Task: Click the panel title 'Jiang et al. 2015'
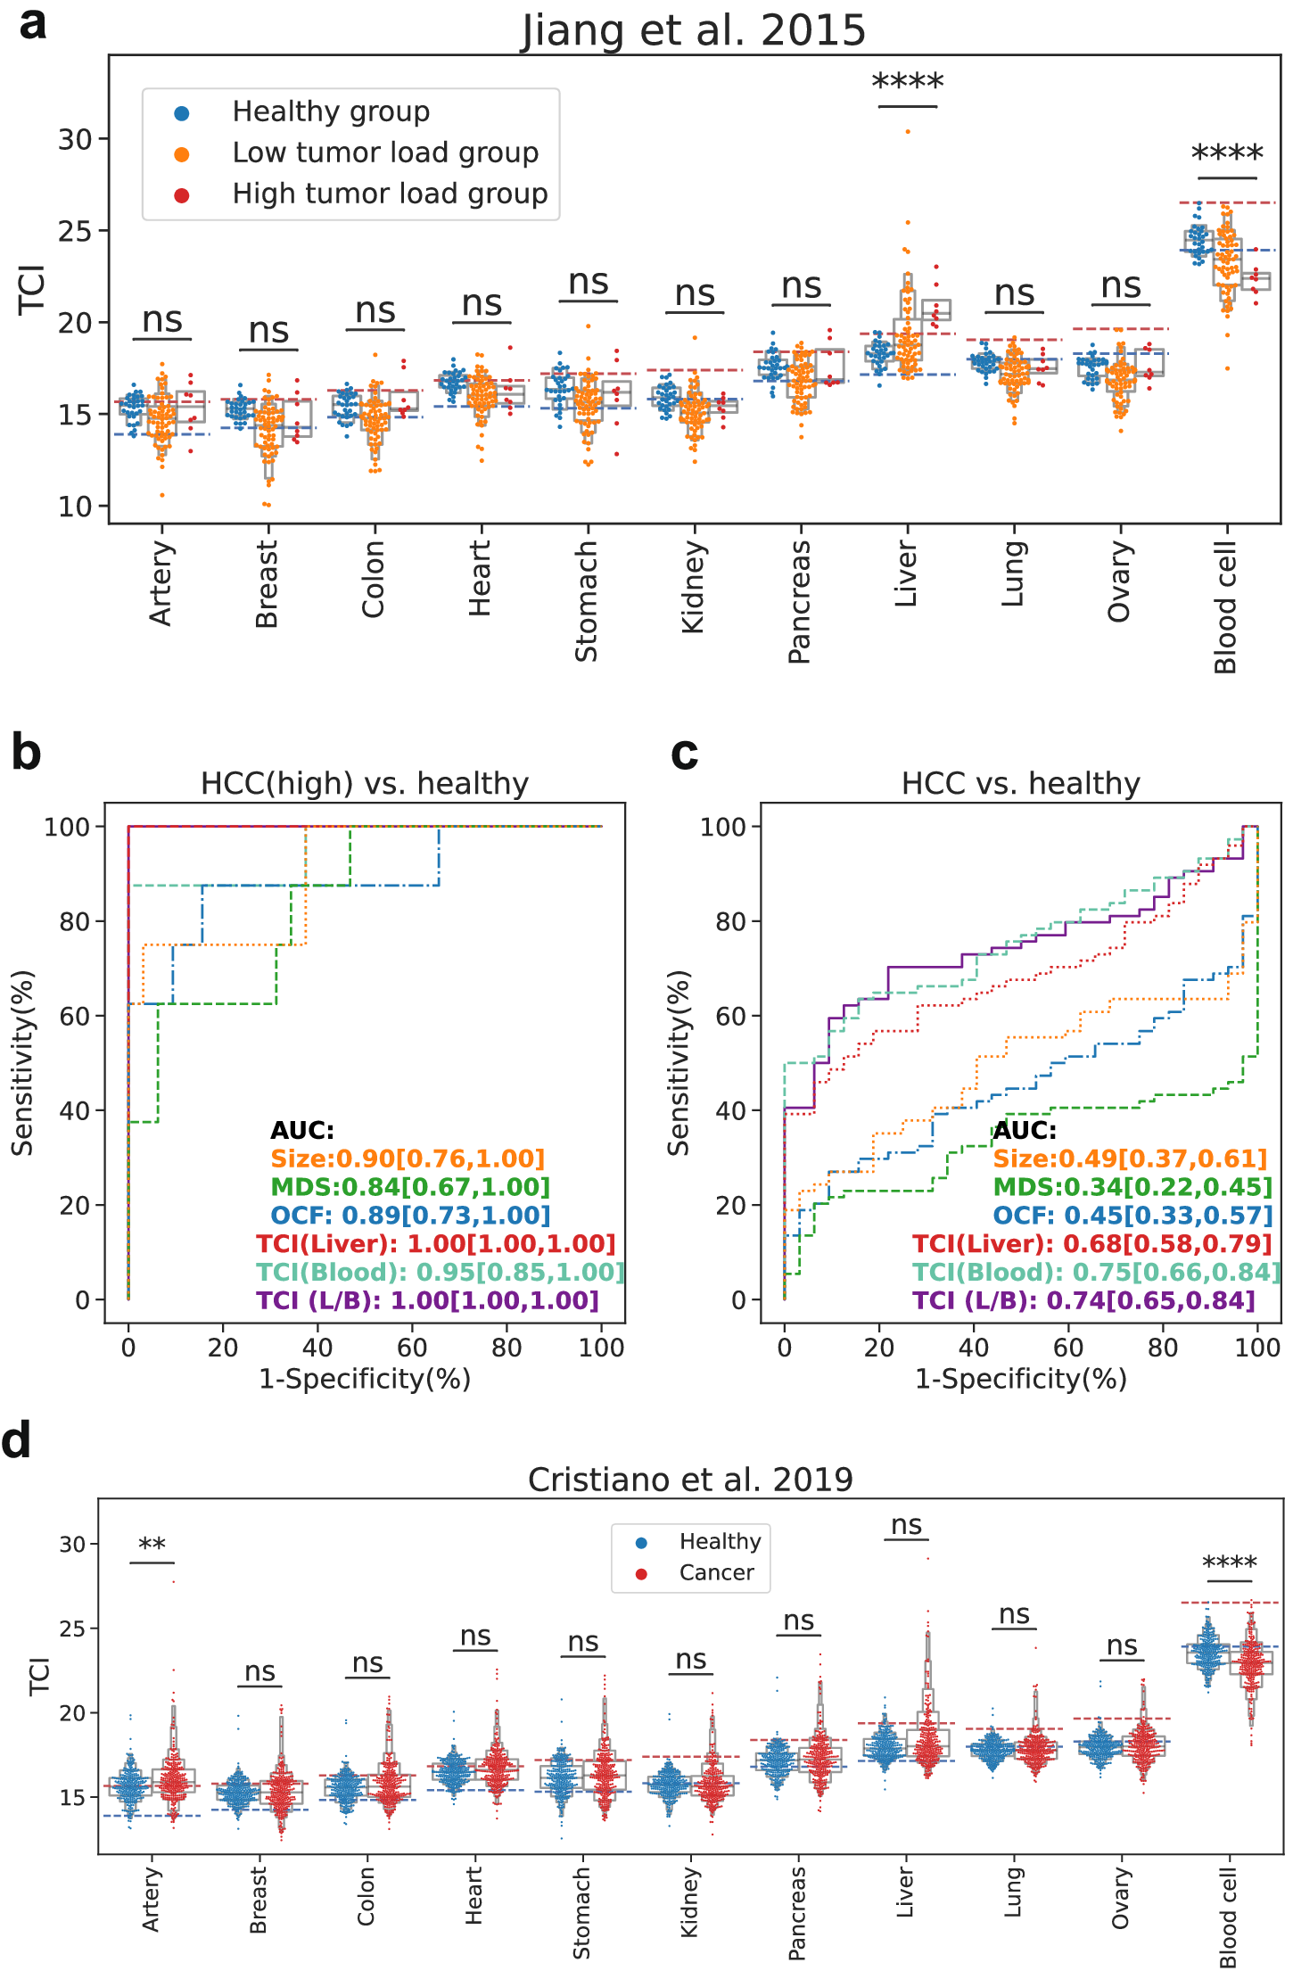[693, 30]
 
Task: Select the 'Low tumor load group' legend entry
[385, 153]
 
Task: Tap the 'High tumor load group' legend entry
[390, 194]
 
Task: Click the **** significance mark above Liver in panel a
[907, 83]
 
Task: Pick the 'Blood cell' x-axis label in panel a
[1226, 607]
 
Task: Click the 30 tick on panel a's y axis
[76, 139]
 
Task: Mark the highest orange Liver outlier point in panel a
[908, 131]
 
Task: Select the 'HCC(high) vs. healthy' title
[365, 783]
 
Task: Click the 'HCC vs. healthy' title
[1021, 783]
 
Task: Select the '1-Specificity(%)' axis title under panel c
[1021, 1379]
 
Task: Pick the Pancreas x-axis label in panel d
[796, 1913]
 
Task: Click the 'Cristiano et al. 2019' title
[690, 1480]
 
